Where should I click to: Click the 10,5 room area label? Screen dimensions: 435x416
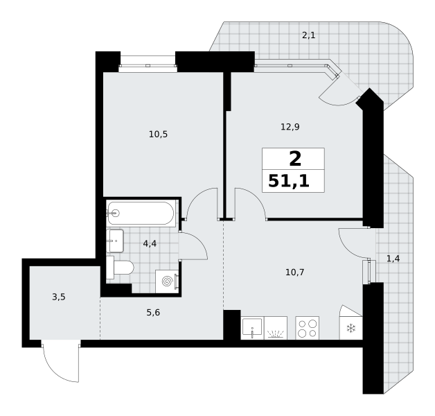[x=158, y=135]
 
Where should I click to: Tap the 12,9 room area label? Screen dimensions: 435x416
[x=290, y=127]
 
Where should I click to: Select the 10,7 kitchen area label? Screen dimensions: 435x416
[x=295, y=272]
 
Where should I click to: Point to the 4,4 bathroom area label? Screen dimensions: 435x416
[x=150, y=244]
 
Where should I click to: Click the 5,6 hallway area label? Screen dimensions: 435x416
[x=153, y=313]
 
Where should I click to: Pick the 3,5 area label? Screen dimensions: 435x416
[x=59, y=297]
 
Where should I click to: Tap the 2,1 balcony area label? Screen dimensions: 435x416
[x=308, y=35]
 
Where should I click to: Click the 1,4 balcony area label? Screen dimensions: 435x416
[x=393, y=259]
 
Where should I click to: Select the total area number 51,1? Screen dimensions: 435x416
[x=289, y=182]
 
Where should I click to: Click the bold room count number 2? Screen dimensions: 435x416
[x=295, y=159]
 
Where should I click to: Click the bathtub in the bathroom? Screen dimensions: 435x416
[x=141, y=213]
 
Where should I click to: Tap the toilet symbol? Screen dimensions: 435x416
[x=120, y=268]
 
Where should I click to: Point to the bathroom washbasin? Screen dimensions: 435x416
[x=115, y=241]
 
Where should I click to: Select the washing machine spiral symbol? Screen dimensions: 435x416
[x=167, y=281]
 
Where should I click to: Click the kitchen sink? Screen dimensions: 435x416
[x=252, y=328]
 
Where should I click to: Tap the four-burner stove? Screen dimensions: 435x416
[x=308, y=328]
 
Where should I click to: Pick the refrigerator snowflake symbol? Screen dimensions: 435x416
[x=351, y=329]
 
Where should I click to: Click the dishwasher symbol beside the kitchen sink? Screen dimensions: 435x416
[x=276, y=328]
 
